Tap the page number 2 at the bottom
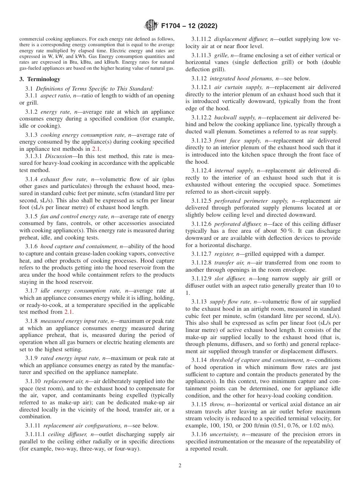point(180,466)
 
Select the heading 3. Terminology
point(39,79)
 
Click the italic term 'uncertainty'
point(225,434)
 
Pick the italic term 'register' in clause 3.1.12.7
point(223,254)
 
